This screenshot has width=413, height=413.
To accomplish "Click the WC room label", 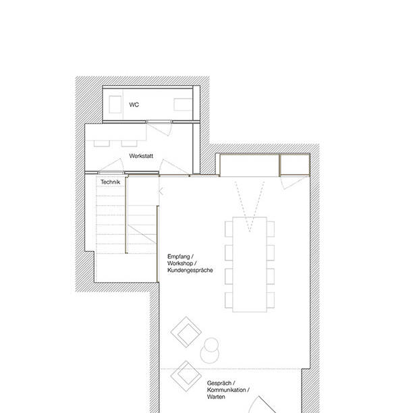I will click(x=134, y=105).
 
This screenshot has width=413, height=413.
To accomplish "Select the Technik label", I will click(x=110, y=183).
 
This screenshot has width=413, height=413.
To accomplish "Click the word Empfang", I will click(x=180, y=257).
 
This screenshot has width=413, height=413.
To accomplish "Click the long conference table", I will click(x=250, y=263).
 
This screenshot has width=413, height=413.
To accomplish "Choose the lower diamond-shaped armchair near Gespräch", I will click(x=187, y=373).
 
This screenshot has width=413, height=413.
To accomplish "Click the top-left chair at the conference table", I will click(x=228, y=230).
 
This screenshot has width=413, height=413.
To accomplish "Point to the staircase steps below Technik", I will click(x=111, y=223).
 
